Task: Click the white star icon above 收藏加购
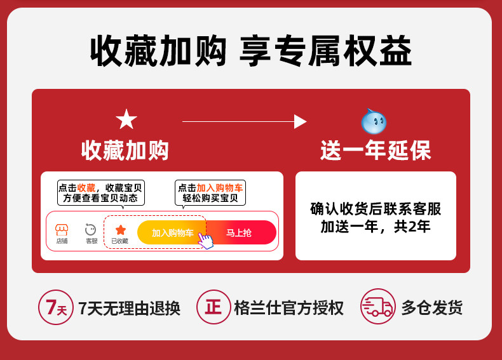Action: click(126, 119)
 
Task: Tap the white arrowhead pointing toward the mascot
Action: click(300, 122)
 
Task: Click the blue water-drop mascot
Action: click(374, 121)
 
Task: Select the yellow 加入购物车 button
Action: click(172, 232)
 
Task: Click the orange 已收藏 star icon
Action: click(120, 230)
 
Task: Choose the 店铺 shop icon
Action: click(62, 230)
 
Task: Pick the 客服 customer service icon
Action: click(91, 229)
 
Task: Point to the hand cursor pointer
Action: click(205, 241)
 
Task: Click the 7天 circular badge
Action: click(56, 307)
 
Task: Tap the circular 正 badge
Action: click(214, 307)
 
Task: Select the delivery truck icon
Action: click(378, 306)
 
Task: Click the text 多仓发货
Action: click(432, 307)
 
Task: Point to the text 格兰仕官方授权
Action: click(288, 308)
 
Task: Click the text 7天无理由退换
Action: click(130, 308)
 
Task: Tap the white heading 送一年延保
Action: click(376, 150)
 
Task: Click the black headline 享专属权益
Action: click(325, 51)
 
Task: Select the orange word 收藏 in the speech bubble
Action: click(86, 188)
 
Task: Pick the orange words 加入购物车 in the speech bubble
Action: click(220, 188)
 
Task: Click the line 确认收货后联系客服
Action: click(376, 209)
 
